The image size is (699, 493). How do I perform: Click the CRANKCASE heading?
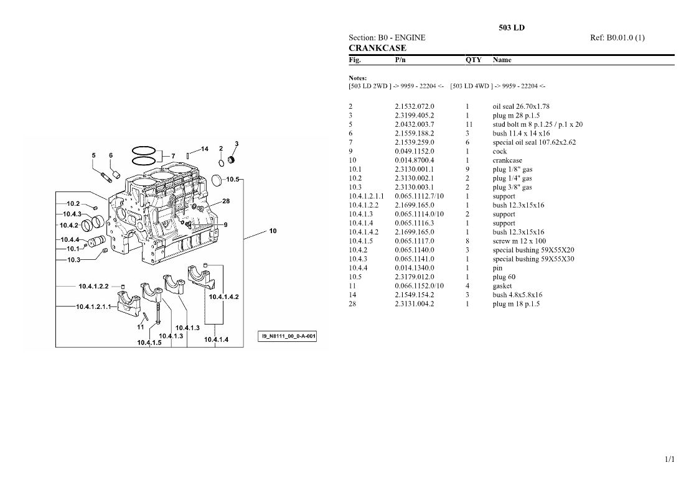tap(377, 48)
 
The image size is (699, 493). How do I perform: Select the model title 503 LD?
tap(511, 27)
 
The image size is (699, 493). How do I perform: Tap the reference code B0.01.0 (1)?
tap(625, 38)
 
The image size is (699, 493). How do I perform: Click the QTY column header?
tap(474, 60)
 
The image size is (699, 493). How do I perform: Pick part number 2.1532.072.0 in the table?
tap(414, 106)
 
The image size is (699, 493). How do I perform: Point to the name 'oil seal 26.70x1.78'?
tap(521, 106)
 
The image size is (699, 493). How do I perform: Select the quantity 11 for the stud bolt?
tap(469, 124)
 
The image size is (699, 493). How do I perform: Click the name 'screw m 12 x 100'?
tap(519, 241)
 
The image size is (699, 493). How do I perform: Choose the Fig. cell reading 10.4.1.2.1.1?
tap(366, 196)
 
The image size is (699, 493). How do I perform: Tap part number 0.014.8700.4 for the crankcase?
tap(414, 160)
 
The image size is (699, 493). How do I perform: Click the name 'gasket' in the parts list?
tap(502, 286)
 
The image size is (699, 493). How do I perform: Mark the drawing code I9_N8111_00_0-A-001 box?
tap(287, 336)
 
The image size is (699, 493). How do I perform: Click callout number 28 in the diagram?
tap(226, 201)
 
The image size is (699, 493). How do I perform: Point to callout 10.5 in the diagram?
tap(233, 180)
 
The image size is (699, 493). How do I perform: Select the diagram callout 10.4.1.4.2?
tap(224, 297)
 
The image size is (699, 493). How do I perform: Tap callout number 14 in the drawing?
tap(204, 149)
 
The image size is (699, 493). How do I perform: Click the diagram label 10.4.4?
tap(70, 239)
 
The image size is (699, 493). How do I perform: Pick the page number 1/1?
tap(670, 459)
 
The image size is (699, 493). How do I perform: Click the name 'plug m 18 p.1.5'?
tap(516, 304)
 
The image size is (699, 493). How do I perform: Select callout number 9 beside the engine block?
tap(225, 225)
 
